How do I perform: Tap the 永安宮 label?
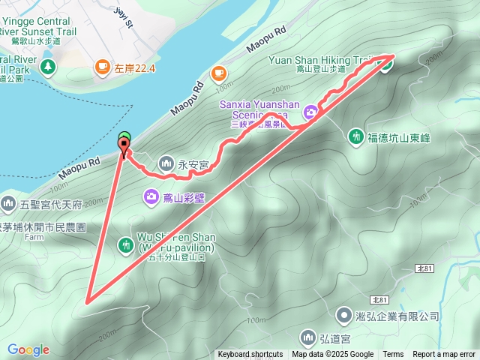[193, 162]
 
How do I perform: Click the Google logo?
[28, 349]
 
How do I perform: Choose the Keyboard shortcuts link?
[250, 355]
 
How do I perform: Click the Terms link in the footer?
[393, 355]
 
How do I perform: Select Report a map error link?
[444, 355]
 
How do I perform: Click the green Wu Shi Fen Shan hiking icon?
[126, 244]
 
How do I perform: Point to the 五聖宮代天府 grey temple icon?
[8, 202]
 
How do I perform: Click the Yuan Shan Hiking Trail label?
[329, 58]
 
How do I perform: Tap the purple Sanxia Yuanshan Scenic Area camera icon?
[310, 112]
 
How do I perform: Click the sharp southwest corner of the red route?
[87, 302]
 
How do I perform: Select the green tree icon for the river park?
[49, 67]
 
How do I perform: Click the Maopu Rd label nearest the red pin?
[83, 162]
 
